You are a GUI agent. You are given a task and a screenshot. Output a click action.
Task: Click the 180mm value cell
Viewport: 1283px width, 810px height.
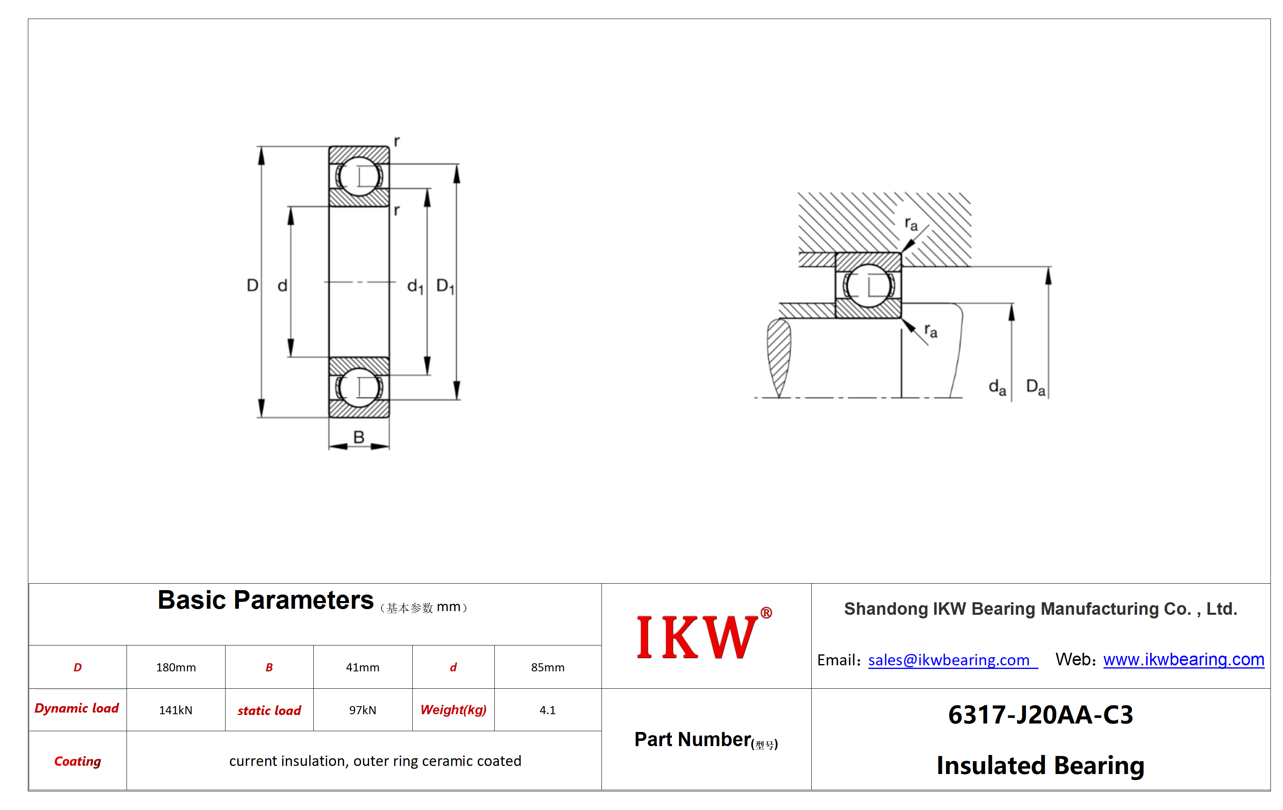point(176,667)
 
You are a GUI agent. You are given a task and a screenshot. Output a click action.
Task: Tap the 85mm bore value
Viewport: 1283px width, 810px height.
point(547,667)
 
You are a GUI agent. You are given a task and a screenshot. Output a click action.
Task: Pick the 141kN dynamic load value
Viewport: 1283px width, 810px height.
point(175,710)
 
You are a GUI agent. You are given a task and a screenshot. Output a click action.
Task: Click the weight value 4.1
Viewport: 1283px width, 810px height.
point(547,710)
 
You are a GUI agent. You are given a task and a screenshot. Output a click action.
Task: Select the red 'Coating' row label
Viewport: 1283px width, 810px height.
point(77,761)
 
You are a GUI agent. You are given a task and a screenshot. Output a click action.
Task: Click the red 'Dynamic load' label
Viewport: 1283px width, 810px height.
point(77,708)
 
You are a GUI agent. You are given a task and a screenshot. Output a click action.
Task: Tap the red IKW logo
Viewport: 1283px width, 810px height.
point(704,635)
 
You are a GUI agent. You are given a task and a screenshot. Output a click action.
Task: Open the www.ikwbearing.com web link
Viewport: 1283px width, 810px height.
point(1184,659)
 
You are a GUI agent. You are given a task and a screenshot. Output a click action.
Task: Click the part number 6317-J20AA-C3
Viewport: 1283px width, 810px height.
point(1040,715)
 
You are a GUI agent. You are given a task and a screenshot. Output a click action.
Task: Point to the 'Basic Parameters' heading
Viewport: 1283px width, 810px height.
point(265,600)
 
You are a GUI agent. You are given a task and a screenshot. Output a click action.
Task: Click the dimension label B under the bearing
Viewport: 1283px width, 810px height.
point(359,437)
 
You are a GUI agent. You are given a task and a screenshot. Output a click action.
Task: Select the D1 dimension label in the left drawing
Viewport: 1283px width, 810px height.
point(445,286)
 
